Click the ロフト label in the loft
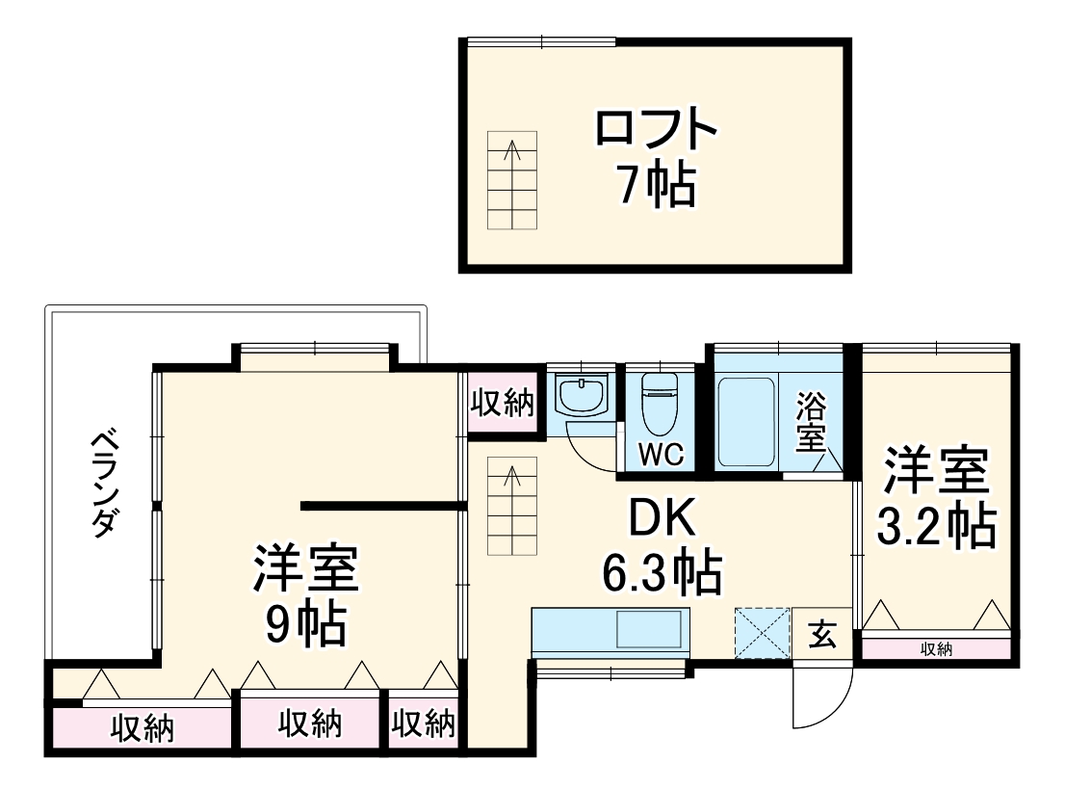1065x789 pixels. [656, 130]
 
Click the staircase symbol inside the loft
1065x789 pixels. [512, 180]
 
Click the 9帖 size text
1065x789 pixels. [305, 623]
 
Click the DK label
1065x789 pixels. [662, 521]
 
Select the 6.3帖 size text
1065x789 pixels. [662, 573]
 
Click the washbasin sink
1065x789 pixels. [582, 396]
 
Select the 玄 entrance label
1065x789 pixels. [821, 636]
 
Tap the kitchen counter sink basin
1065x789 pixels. [651, 630]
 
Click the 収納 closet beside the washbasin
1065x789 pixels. [502, 404]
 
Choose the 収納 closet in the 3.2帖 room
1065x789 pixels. [936, 649]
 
